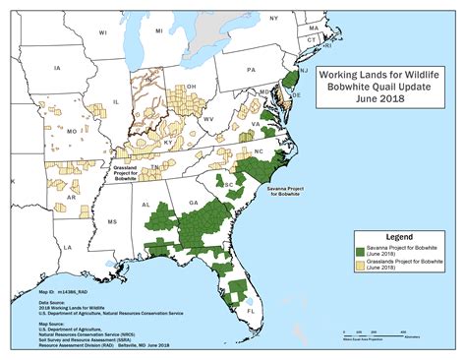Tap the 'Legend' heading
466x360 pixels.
coord(391,237)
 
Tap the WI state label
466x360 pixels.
coord(101,32)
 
